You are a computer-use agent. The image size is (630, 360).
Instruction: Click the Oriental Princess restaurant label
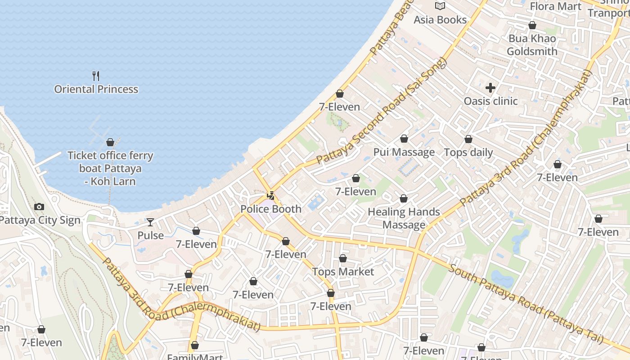96,89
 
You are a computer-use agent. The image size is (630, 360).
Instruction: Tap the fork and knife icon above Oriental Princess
95,76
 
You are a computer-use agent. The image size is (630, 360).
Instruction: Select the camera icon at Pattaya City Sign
39,207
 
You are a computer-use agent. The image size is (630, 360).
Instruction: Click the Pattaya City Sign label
40,220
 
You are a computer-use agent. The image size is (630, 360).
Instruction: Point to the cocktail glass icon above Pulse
150,222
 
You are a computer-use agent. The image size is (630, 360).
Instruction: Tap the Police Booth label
271,209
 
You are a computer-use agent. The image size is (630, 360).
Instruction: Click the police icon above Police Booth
271,196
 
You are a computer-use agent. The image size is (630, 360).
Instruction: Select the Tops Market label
343,272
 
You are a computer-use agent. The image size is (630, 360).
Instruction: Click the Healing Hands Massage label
404,218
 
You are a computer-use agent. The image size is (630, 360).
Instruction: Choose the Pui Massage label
404,152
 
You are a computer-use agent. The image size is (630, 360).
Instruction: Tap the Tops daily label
468,153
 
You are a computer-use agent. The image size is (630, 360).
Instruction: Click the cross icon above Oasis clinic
490,88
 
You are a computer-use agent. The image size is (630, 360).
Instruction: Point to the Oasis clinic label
490,101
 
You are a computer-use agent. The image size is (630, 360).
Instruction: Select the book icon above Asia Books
440,6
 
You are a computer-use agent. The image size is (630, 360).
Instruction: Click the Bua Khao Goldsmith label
532,45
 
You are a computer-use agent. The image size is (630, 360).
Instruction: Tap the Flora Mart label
556,6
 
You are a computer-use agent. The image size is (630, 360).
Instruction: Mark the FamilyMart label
195,357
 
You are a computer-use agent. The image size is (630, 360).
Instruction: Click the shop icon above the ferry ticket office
110,143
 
